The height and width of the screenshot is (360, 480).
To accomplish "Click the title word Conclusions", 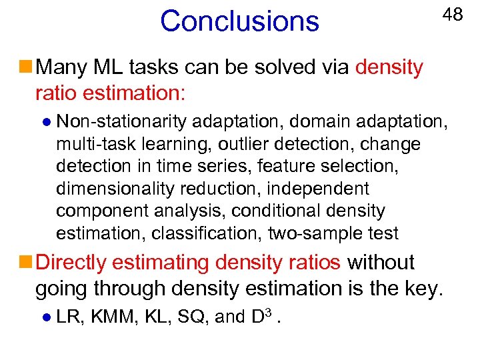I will click(x=239, y=21).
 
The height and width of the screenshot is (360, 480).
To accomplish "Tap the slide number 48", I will click(x=453, y=15).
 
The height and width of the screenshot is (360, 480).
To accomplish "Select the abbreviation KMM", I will click(x=113, y=317).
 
